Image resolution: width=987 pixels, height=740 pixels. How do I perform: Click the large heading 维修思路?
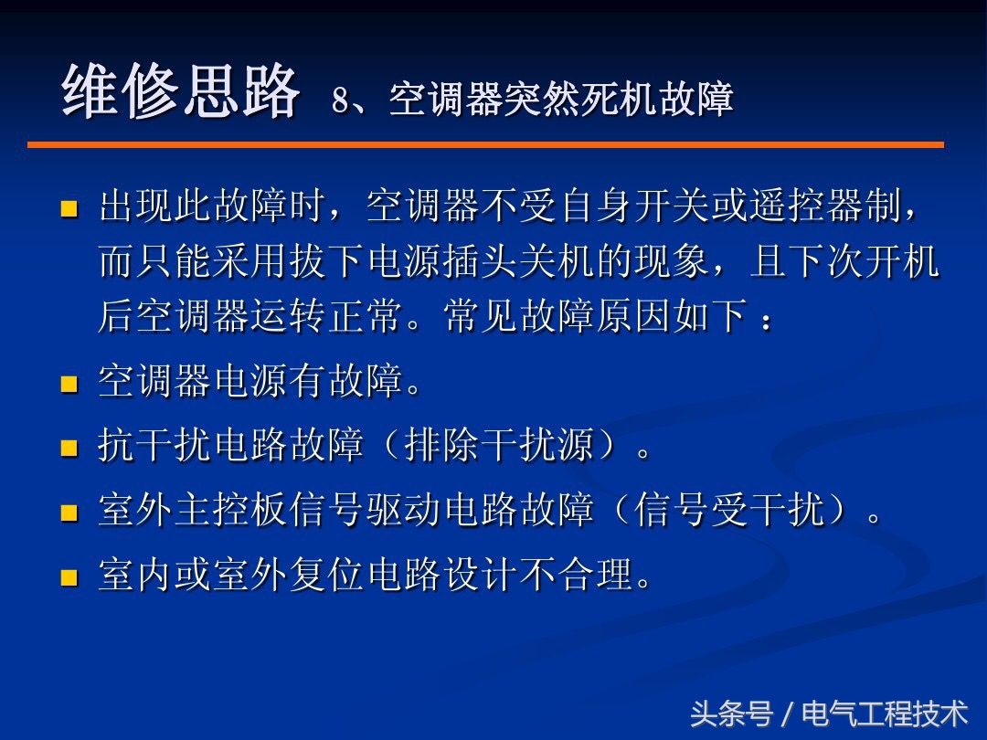click(180, 93)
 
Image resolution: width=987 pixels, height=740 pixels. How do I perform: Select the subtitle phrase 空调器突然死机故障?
click(561, 100)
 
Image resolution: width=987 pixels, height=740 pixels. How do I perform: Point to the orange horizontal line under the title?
click(484, 144)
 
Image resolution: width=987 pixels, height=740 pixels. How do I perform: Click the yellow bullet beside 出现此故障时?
click(69, 210)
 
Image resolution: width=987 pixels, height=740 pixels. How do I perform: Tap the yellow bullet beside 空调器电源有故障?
click(69, 384)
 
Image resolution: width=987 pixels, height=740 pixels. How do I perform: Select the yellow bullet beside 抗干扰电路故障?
click(69, 448)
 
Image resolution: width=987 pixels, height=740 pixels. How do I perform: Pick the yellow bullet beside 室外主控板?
click(69, 512)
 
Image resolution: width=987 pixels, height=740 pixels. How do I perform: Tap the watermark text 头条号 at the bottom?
click(731, 714)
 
